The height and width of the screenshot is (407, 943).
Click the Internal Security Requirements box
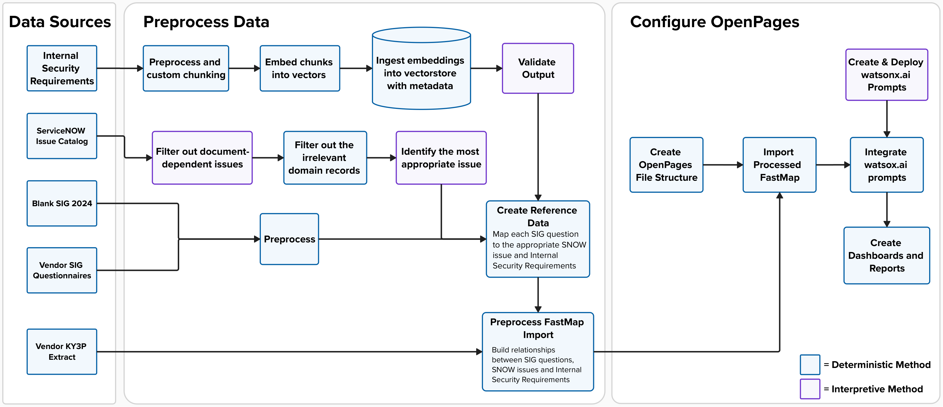coord(62,68)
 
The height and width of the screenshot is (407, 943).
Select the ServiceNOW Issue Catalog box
coord(62,136)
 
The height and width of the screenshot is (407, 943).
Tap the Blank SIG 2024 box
coord(62,203)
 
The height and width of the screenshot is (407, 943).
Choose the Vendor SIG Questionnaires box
coord(62,270)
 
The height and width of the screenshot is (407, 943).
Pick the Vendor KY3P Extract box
coord(62,352)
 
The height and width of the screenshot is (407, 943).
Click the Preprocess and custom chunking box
coord(186,68)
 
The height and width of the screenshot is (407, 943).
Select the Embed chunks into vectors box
coord(300,68)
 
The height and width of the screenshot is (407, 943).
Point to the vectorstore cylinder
coord(421,68)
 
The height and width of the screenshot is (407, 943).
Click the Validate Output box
coord(538,68)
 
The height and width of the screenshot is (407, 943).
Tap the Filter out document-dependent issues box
coord(202,158)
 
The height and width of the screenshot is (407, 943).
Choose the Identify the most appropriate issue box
coord(441,158)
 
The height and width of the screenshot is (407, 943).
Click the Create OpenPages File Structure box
coord(666,165)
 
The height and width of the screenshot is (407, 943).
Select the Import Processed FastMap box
coord(779,165)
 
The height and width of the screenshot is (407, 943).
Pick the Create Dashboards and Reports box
coord(887,255)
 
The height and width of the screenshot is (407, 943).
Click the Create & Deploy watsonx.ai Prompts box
coord(887,75)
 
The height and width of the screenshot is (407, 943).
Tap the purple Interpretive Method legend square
coord(810,389)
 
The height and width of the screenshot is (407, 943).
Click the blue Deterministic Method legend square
coord(810,365)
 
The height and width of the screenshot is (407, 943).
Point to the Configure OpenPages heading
coord(715,22)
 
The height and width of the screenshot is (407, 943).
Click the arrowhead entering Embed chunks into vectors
coord(257,68)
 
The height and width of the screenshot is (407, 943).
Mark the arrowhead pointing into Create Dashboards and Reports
coord(887,224)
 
